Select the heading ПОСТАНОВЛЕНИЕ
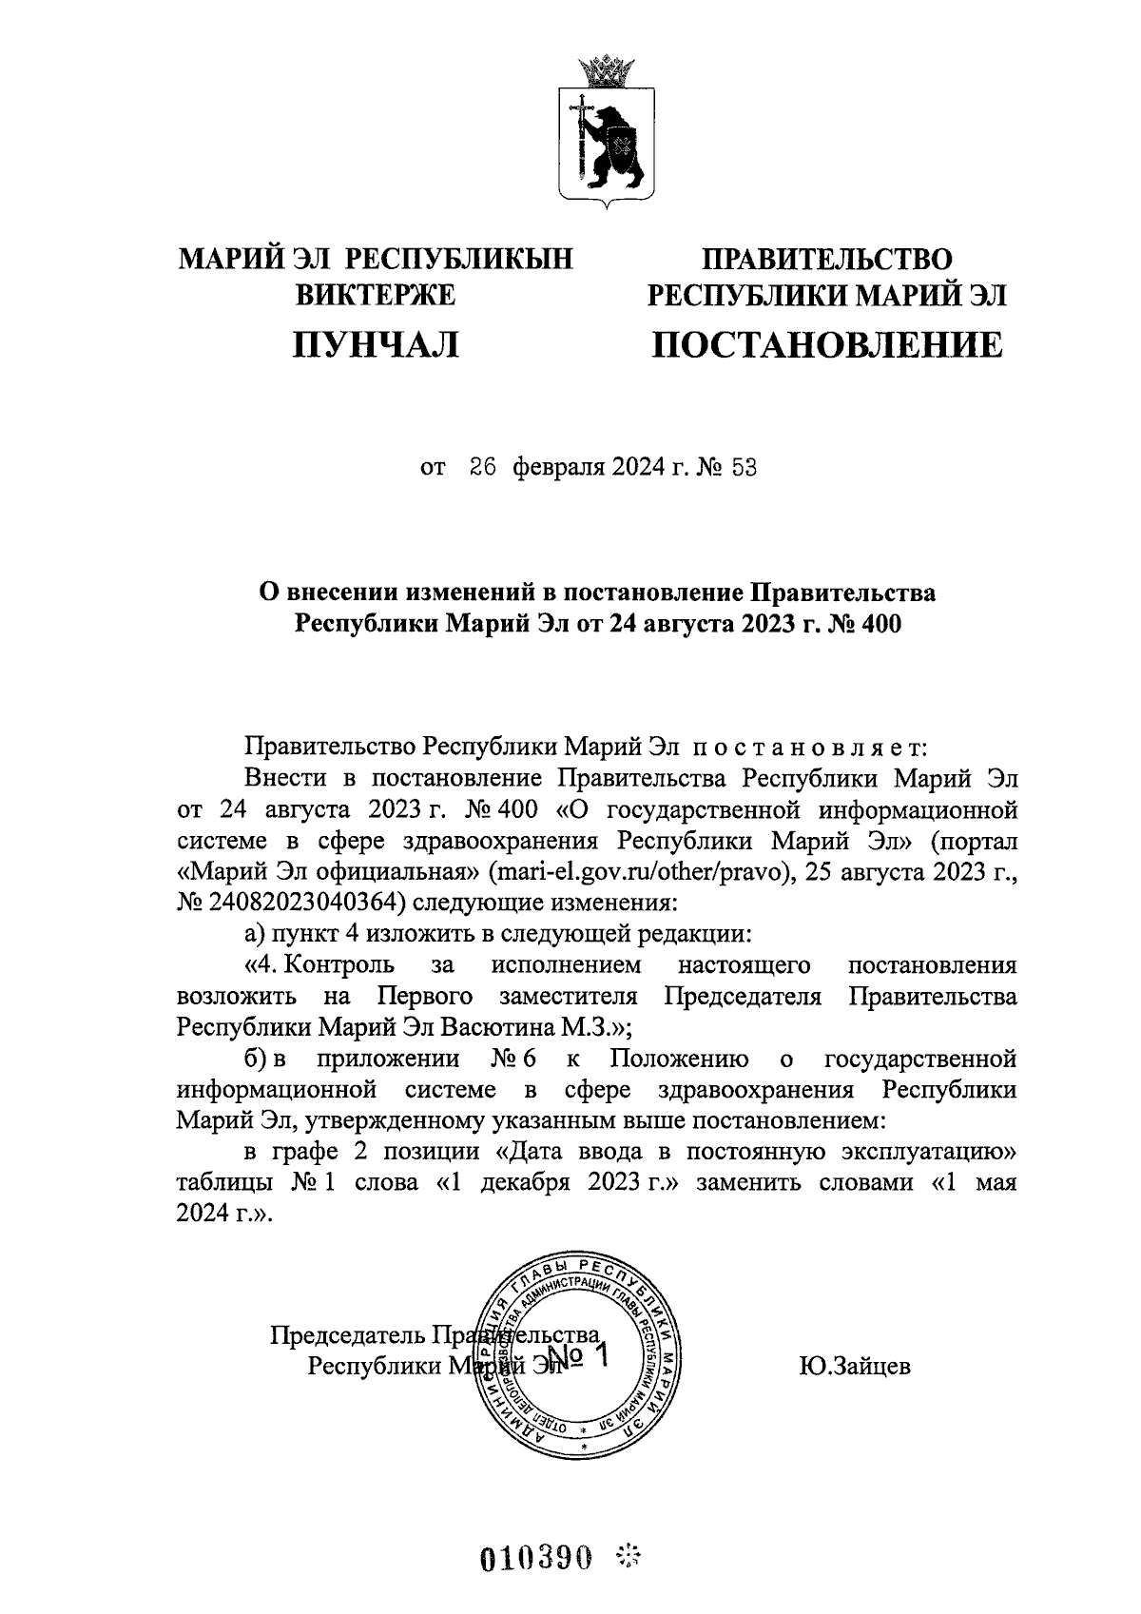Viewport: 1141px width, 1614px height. point(825,344)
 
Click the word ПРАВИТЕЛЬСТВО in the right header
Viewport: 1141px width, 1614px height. point(825,259)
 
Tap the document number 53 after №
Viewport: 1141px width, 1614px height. point(744,469)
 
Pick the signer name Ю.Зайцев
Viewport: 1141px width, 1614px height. point(855,1367)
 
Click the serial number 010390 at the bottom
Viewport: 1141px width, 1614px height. point(537,1558)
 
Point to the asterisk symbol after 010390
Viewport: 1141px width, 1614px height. point(629,1556)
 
